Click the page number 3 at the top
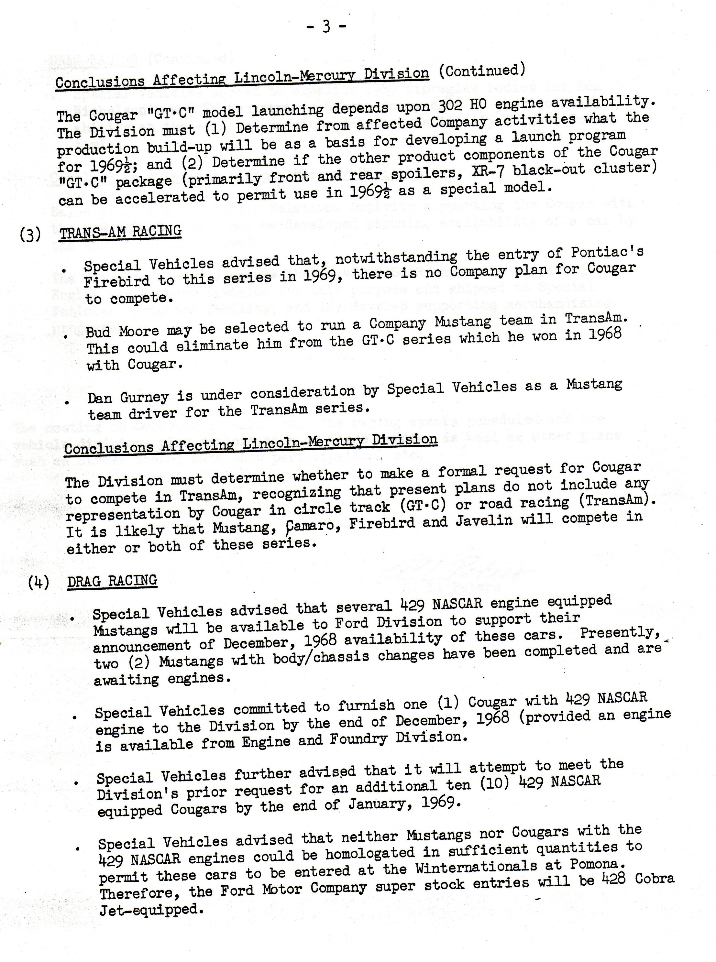pyautogui.click(x=326, y=27)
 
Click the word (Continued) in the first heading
pyautogui.click(x=482, y=71)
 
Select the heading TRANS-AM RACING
pyautogui.click(x=120, y=232)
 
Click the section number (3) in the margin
pyautogui.click(x=31, y=235)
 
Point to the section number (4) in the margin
pyautogui.click(x=39, y=583)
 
